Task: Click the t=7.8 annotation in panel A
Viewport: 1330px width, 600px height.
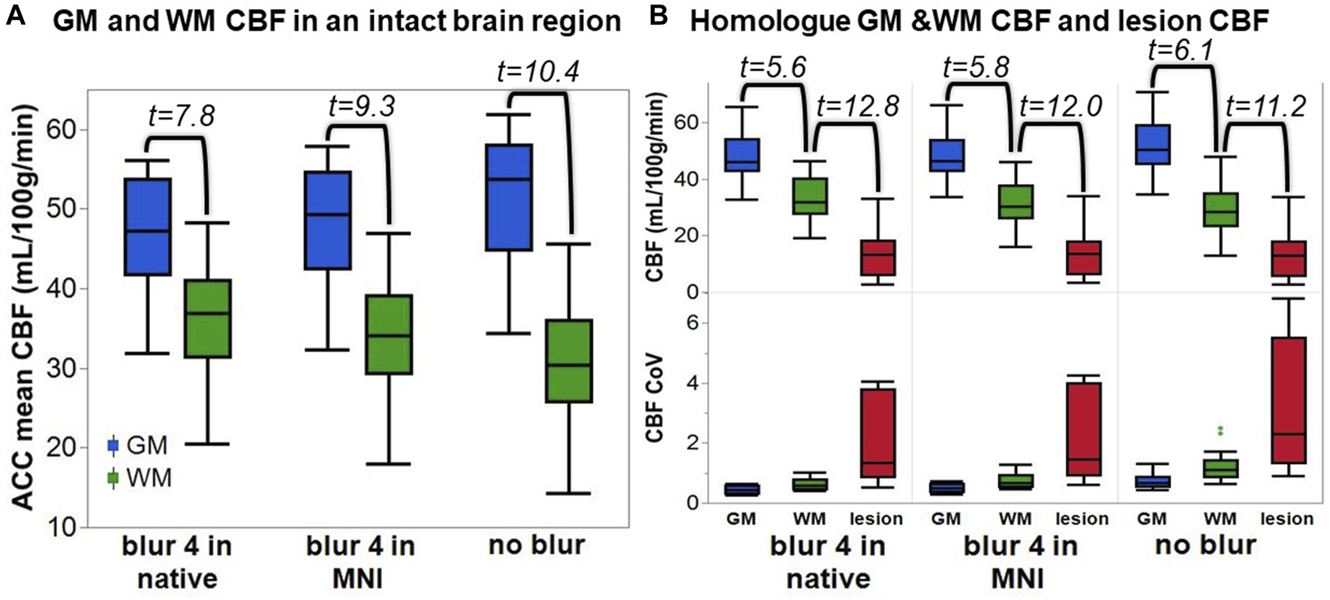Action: [181, 116]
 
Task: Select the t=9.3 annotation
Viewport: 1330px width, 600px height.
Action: [361, 106]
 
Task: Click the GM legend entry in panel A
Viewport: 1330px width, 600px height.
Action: [139, 445]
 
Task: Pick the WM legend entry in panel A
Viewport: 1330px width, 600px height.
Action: [140, 478]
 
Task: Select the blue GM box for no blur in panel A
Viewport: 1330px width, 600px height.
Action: [508, 197]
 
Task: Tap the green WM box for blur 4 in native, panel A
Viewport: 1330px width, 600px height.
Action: [207, 318]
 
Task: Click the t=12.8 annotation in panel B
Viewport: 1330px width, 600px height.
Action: [858, 107]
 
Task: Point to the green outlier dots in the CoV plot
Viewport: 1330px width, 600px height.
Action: [1220, 430]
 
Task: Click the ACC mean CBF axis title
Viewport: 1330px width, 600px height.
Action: [25, 308]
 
